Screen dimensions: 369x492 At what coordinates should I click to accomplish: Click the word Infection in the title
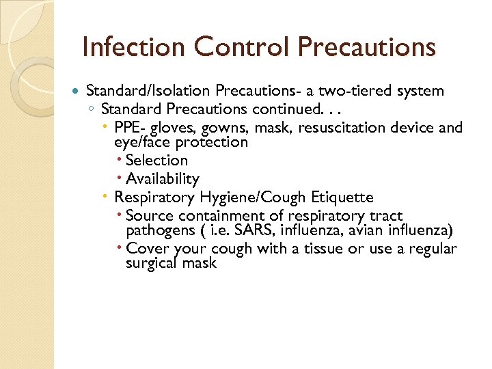pos(132,47)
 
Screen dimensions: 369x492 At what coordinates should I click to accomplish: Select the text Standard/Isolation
pos(149,91)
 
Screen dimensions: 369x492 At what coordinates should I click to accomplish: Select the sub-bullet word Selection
pos(156,161)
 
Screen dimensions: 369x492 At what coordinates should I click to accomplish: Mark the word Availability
pos(163,179)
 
